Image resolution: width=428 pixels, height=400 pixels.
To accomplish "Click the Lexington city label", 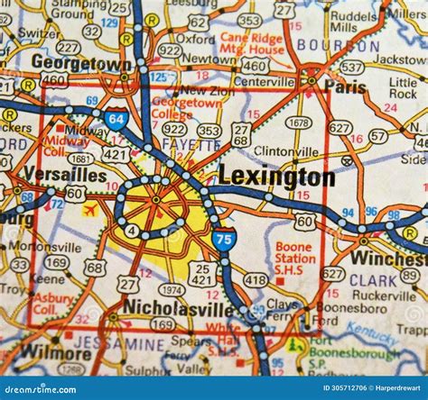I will point(275,177).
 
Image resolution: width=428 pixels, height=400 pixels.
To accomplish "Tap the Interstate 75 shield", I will point(225,239).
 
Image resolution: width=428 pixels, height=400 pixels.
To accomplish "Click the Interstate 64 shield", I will point(115,119).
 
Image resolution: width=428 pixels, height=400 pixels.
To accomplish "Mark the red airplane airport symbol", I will point(89,210).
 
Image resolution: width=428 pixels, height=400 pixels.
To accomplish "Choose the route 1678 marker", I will point(298,123).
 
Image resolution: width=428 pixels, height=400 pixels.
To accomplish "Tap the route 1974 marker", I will point(172,289).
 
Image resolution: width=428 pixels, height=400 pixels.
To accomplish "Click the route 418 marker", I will point(256,280).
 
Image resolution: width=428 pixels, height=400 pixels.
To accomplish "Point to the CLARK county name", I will point(373,279).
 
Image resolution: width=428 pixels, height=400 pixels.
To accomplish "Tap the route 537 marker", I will point(351,68).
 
